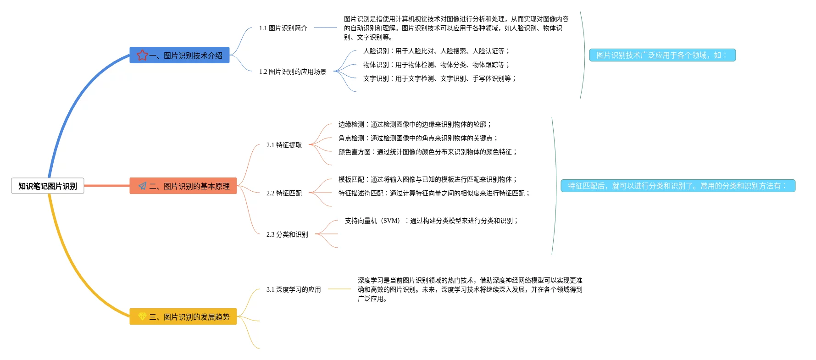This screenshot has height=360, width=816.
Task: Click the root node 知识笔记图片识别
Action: click(48, 186)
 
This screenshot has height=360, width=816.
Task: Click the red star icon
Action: click(142, 55)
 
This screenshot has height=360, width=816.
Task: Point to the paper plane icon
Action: click(143, 186)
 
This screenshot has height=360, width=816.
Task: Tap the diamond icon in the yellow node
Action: click(142, 316)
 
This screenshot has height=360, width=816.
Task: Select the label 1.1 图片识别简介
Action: click(283, 28)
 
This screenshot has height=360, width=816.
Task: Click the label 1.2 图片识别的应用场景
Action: click(293, 72)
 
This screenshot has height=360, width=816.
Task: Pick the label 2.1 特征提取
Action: click(284, 145)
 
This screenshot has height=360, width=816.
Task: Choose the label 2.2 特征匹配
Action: click(284, 193)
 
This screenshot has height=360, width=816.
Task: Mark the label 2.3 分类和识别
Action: click(287, 234)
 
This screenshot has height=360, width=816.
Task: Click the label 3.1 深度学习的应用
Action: click(294, 289)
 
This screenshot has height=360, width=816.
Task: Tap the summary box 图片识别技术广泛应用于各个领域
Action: click(662, 55)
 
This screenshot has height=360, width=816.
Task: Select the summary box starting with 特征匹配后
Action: click(677, 186)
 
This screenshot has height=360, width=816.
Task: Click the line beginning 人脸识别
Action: click(436, 51)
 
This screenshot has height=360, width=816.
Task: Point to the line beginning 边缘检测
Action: click(415, 124)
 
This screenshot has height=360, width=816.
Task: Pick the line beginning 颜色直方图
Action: click(427, 152)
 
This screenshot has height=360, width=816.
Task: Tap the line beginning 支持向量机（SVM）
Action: click(432, 221)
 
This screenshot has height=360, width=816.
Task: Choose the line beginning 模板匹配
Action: click(427, 179)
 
